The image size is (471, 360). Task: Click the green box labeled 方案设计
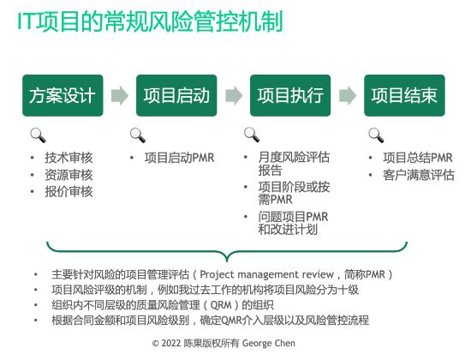click(63, 95)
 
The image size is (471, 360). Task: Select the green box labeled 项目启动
click(176, 95)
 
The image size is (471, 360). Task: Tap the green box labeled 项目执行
click(290, 95)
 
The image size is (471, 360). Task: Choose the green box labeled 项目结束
click(404, 95)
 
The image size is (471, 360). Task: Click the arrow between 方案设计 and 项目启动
click(120, 96)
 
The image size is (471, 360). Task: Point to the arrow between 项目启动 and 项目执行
click(234, 96)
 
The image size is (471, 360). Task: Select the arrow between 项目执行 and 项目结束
click(348, 96)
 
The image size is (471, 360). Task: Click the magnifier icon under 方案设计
click(39, 135)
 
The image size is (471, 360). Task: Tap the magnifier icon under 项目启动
click(138, 135)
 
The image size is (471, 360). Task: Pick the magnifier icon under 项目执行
click(252, 135)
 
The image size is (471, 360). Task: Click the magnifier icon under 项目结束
click(376, 135)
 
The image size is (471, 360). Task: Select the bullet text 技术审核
click(69, 158)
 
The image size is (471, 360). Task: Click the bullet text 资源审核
click(69, 175)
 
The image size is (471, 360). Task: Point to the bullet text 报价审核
click(69, 192)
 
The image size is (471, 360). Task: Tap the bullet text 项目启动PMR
click(179, 158)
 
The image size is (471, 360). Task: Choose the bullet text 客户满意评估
click(419, 175)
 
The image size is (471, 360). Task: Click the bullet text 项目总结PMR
click(418, 158)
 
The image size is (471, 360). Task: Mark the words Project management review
click(266, 274)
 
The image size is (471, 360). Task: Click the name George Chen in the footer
click(269, 343)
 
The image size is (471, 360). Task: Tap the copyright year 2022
click(171, 343)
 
